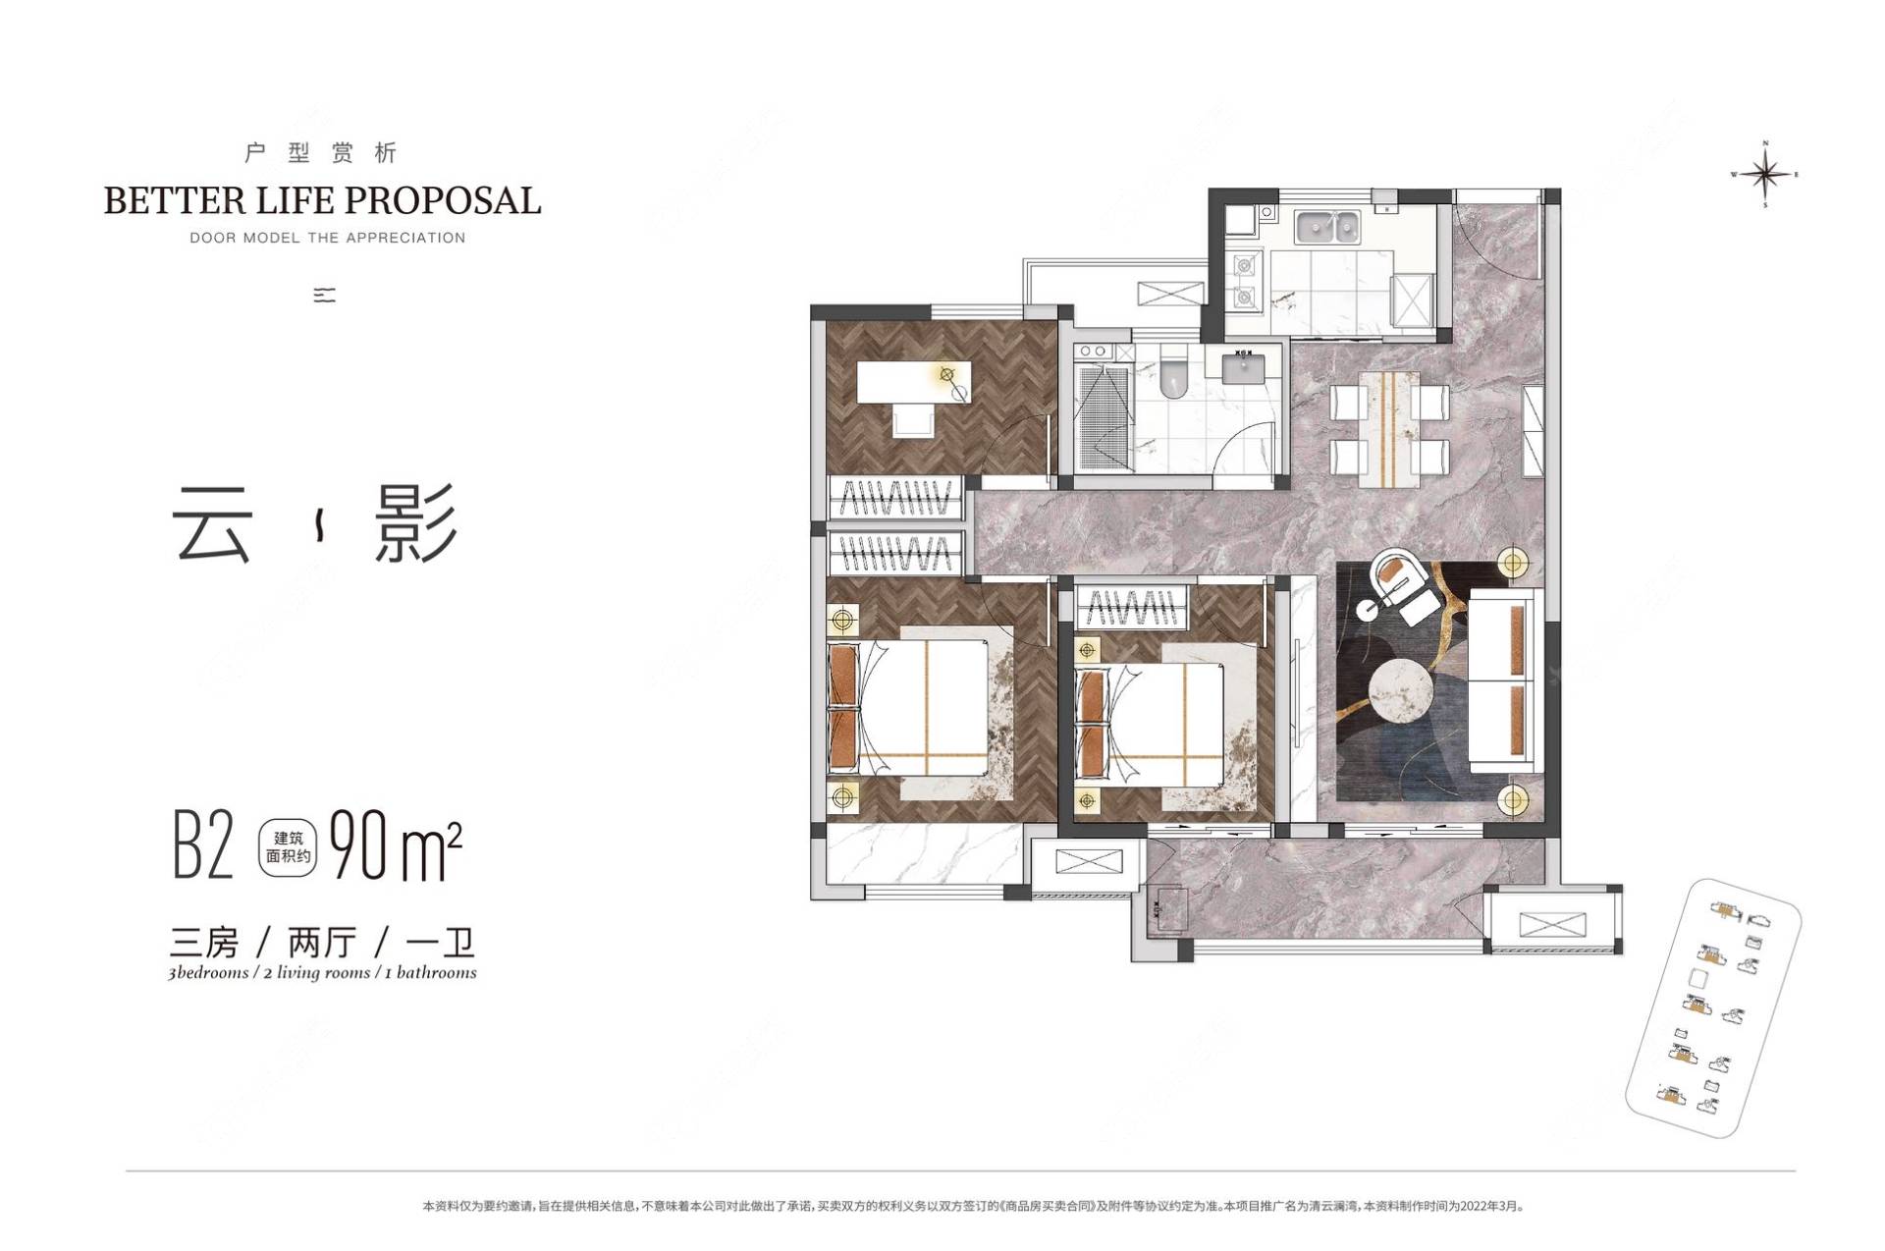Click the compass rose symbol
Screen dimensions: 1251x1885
tap(1765, 175)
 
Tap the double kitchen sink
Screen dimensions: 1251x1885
tap(1326, 227)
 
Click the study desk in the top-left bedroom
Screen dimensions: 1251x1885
tap(913, 382)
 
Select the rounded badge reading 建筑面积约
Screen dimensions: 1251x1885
tap(288, 847)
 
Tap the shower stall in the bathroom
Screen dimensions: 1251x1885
tap(1104, 417)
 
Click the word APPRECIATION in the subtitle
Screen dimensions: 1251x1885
tap(404, 238)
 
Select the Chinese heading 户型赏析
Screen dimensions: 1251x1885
tap(321, 153)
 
